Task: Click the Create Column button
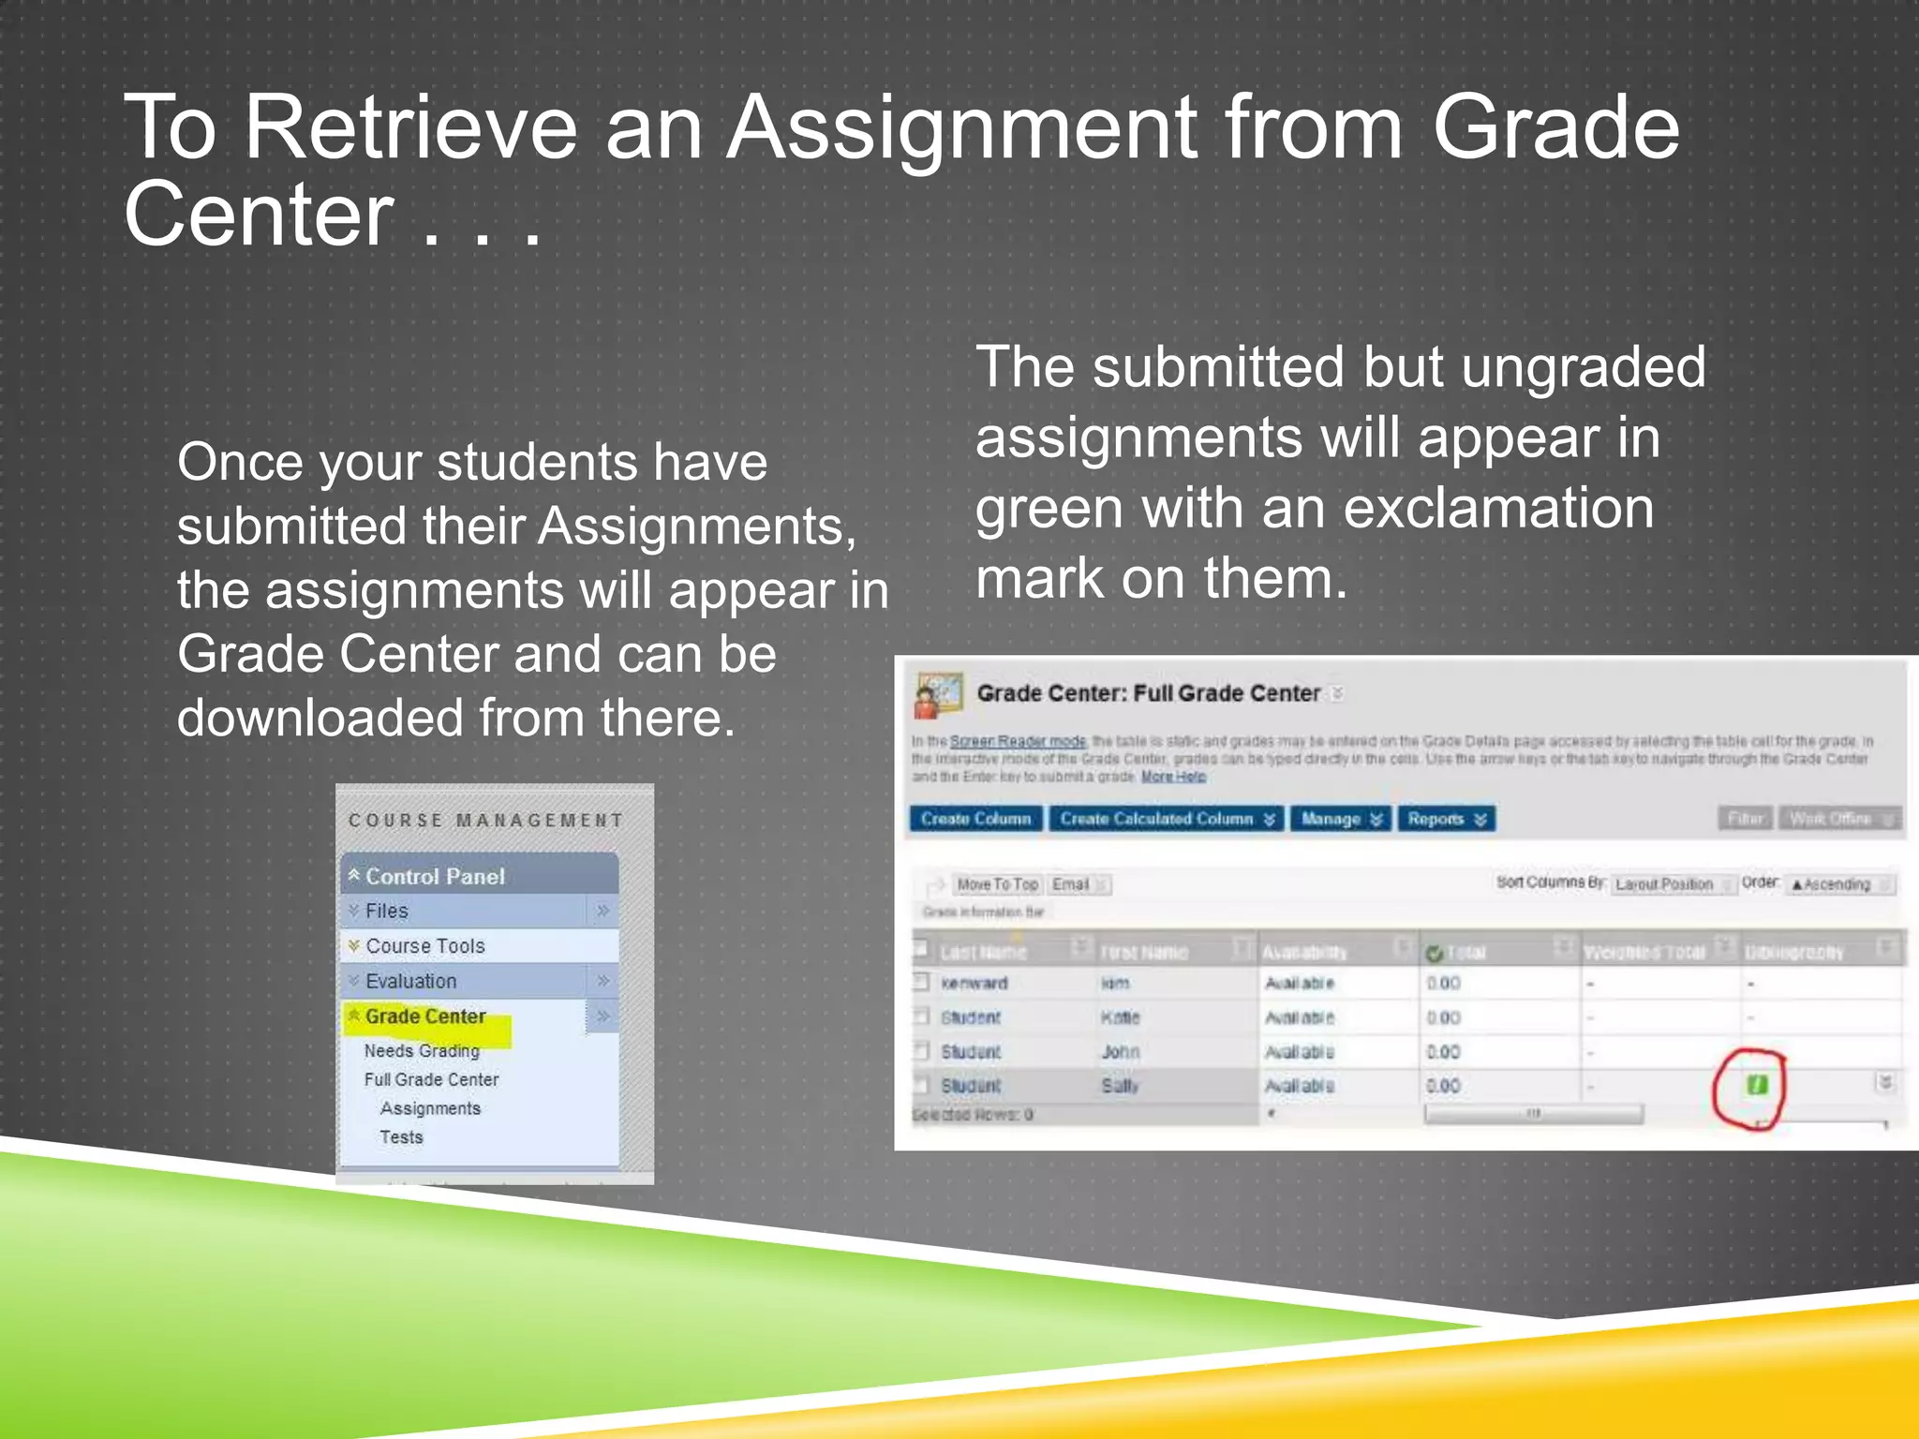pyautogui.click(x=975, y=819)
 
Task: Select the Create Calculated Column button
pyautogui.click(x=1166, y=819)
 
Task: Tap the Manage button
pyautogui.click(x=1341, y=819)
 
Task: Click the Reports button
pyautogui.click(x=1446, y=819)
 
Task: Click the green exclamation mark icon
pyautogui.click(x=1756, y=1085)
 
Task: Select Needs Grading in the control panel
pyautogui.click(x=422, y=1051)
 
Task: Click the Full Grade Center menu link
pyautogui.click(x=431, y=1079)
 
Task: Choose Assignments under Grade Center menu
pyautogui.click(x=430, y=1108)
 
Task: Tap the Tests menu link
pyautogui.click(x=401, y=1137)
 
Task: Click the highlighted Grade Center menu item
pyautogui.click(x=425, y=1016)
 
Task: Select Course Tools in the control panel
pyautogui.click(x=425, y=946)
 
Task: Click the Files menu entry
pyautogui.click(x=387, y=911)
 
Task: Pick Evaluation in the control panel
pyautogui.click(x=411, y=981)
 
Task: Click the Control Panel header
pyautogui.click(x=435, y=876)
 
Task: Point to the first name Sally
pyautogui.click(x=1120, y=1086)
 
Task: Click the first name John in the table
pyautogui.click(x=1121, y=1052)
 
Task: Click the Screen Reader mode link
pyautogui.click(x=1018, y=741)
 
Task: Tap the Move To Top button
pyautogui.click(x=997, y=884)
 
